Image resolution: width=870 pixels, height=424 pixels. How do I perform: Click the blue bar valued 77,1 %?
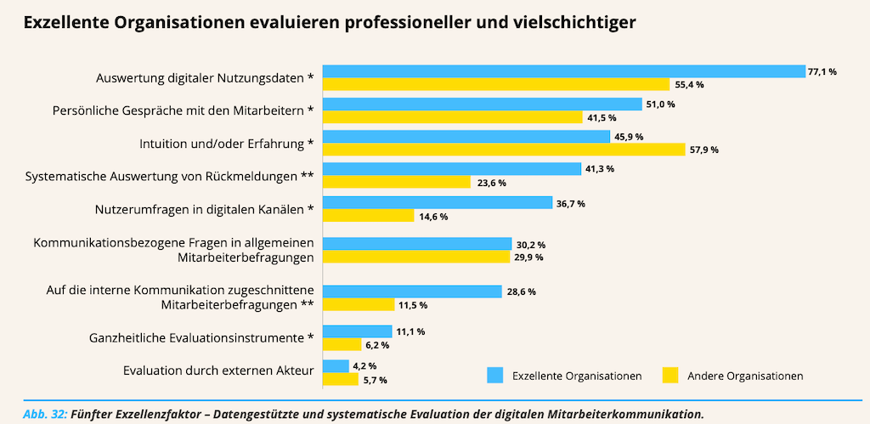click(x=563, y=71)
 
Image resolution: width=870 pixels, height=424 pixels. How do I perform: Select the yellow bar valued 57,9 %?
click(x=504, y=150)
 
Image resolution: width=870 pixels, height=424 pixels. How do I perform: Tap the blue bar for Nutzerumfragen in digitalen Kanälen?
click(x=438, y=203)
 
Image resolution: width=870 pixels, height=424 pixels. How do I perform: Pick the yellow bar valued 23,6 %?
click(x=396, y=182)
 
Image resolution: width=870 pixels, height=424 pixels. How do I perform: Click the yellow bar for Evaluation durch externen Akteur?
click(x=341, y=379)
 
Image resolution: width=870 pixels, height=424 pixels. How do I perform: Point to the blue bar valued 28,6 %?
click(x=412, y=291)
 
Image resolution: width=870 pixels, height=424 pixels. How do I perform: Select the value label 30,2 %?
click(x=531, y=245)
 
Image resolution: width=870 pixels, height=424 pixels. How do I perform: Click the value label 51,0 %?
click(x=661, y=104)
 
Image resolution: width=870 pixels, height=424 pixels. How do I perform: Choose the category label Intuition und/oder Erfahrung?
click(x=227, y=143)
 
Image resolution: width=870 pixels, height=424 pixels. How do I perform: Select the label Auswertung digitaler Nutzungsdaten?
click(x=205, y=78)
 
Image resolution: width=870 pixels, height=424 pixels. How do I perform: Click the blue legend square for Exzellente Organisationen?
click(x=494, y=375)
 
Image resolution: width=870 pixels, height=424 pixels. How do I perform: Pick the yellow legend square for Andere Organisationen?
click(x=670, y=375)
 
